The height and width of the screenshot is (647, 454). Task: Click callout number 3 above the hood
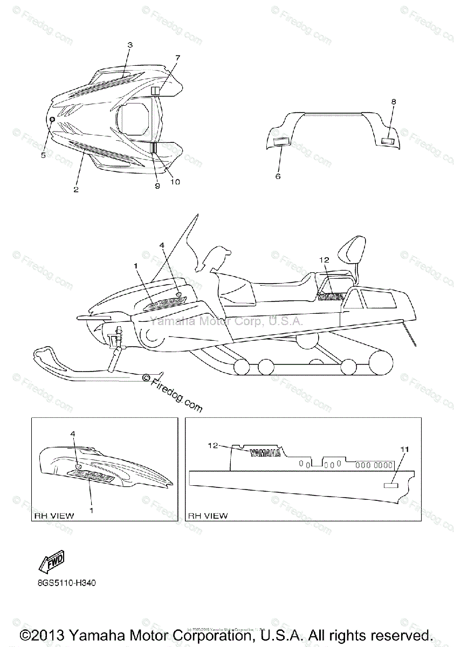pos(130,46)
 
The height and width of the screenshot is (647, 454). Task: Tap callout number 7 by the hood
pos(177,58)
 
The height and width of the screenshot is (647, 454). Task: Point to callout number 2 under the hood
pos(76,189)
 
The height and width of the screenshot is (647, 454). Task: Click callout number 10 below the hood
pos(175,182)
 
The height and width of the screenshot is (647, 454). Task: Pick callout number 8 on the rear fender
pos(393,101)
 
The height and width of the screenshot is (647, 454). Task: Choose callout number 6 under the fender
pos(278,176)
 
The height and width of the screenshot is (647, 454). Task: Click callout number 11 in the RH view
pos(404,449)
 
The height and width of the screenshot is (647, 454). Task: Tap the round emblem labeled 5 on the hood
pos(52,119)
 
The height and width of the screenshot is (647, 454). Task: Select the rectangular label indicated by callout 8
pos(388,141)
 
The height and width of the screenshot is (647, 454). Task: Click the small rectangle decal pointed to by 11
pos(390,485)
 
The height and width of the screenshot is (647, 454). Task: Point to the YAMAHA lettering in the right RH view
pos(264,453)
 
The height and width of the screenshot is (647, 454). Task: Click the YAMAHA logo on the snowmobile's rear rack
pos(331,296)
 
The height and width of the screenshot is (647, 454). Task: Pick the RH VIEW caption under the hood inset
pos(54,515)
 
